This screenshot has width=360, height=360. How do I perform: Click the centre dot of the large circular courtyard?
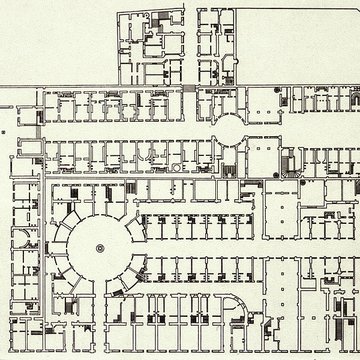point(99,247)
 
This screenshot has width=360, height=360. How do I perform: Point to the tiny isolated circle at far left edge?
point(5,130)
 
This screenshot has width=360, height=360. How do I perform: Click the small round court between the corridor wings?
point(228,126)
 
